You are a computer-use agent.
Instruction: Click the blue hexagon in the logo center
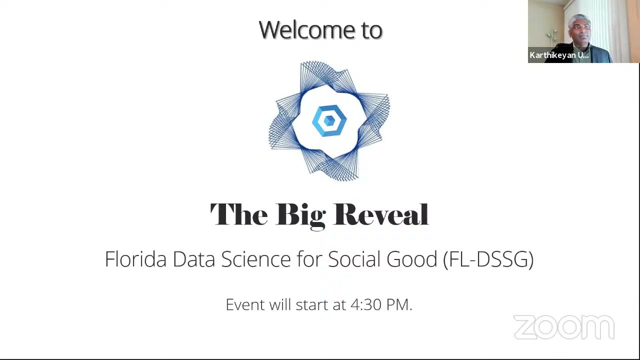click(x=329, y=120)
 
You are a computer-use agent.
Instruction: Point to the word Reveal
click(x=380, y=214)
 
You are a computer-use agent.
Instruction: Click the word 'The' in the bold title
click(x=238, y=214)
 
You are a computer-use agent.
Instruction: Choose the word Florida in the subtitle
click(x=135, y=259)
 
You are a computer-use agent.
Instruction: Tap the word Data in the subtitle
click(x=193, y=259)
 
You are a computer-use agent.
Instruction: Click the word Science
click(x=255, y=259)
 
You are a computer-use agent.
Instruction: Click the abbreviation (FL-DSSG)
click(x=488, y=259)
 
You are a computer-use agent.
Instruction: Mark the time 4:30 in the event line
click(x=365, y=304)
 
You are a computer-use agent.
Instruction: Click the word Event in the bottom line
click(x=245, y=304)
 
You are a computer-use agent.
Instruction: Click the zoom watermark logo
click(x=563, y=327)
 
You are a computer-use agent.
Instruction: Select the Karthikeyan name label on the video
click(x=559, y=55)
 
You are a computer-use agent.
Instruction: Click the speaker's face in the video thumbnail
click(x=579, y=29)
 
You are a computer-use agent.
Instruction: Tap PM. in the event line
click(x=398, y=304)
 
